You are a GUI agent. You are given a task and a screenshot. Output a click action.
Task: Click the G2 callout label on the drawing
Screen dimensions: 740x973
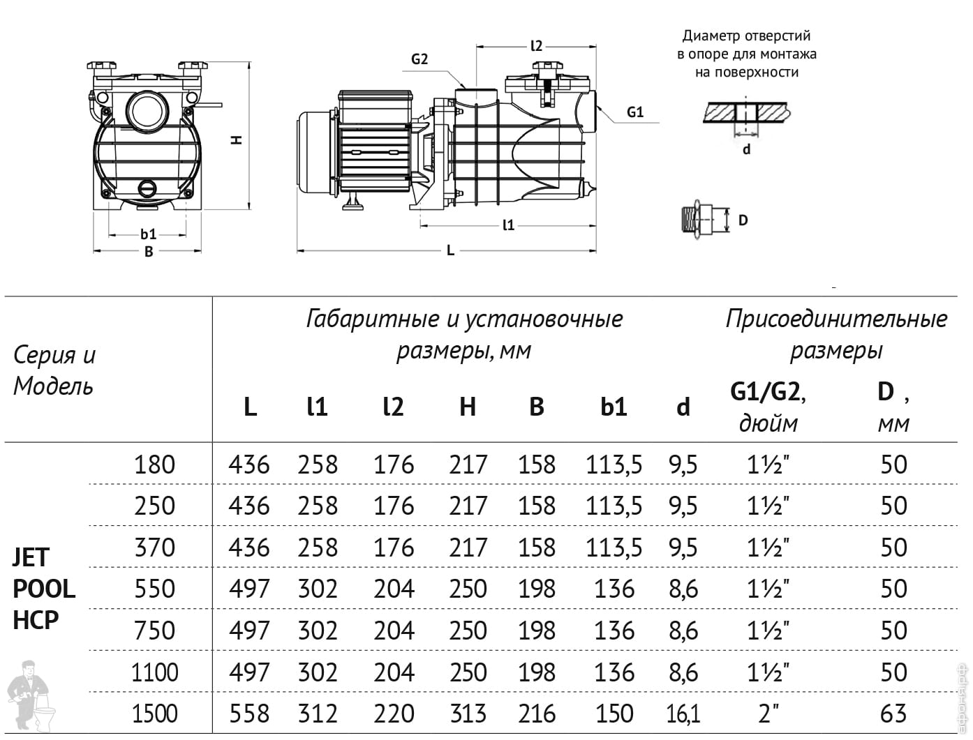pyautogui.click(x=419, y=59)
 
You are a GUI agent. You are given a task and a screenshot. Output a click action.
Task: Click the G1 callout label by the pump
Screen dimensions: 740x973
pyautogui.click(x=634, y=112)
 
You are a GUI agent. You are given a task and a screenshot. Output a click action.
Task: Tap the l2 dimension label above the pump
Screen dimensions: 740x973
pyautogui.click(x=536, y=45)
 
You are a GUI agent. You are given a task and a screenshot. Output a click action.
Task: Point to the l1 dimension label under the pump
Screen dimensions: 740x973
pyautogui.click(x=508, y=225)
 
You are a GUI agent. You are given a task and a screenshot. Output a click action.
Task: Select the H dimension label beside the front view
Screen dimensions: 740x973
pyautogui.click(x=237, y=139)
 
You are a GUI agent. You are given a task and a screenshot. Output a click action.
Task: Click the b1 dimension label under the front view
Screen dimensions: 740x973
pyautogui.click(x=148, y=234)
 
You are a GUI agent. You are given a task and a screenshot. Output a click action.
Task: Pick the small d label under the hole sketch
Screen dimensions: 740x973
pyautogui.click(x=746, y=149)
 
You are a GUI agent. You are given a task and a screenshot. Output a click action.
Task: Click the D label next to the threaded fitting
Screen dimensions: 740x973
pyautogui.click(x=743, y=220)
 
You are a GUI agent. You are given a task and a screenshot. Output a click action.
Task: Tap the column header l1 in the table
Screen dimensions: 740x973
pyautogui.click(x=317, y=407)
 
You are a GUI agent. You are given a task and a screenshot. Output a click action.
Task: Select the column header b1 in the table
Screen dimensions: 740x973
pyautogui.click(x=614, y=407)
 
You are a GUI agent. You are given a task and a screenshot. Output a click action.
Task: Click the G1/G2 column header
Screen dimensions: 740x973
pyautogui.click(x=767, y=392)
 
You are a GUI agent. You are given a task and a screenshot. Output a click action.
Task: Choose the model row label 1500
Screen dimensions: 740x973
pyautogui.click(x=154, y=713)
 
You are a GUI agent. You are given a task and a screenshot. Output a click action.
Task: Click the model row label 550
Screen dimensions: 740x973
pyautogui.click(x=154, y=589)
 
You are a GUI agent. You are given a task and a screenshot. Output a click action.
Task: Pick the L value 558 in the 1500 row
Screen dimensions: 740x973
pyautogui.click(x=248, y=713)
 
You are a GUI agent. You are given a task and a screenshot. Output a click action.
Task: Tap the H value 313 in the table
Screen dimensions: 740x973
pyautogui.click(x=468, y=713)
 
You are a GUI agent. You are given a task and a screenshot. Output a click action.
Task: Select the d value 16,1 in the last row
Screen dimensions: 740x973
pyautogui.click(x=683, y=714)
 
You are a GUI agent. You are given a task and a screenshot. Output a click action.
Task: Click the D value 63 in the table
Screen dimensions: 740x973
pyautogui.click(x=893, y=713)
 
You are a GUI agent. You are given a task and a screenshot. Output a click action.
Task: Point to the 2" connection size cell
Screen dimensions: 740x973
pyautogui.click(x=767, y=713)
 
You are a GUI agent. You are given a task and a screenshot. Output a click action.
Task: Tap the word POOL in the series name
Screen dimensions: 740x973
pyautogui.click(x=44, y=589)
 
